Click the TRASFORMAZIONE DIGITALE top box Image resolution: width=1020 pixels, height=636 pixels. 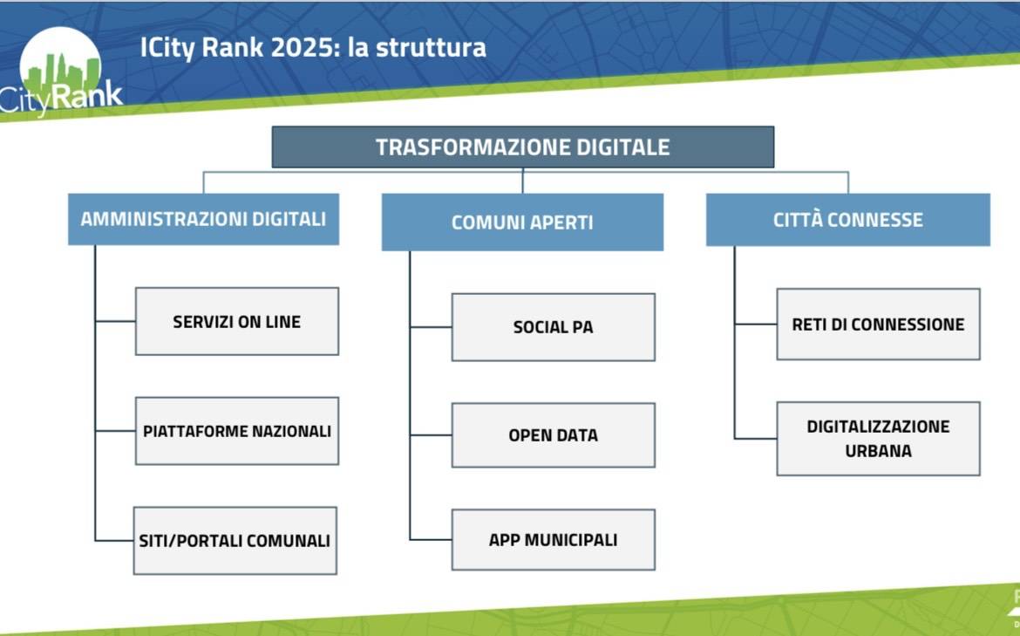pos(523,147)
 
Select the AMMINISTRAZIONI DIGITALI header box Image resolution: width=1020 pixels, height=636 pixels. pos(204,219)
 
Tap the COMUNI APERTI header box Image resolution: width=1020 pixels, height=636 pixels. pos(522,222)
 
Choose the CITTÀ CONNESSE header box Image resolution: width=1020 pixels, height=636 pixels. pos(848,219)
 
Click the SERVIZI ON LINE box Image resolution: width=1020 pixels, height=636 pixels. pos(237,322)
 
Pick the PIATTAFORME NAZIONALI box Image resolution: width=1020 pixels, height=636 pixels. pos(237,431)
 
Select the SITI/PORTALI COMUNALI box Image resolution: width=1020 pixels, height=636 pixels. pos(235,541)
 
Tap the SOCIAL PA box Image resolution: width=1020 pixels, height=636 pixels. pos(554,327)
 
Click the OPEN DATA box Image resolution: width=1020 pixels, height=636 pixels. pos(554,434)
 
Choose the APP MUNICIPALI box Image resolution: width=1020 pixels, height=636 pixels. pos(554,540)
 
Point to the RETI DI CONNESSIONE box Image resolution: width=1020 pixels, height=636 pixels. pos(878,325)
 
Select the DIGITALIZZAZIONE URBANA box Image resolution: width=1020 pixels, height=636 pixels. pos(878,439)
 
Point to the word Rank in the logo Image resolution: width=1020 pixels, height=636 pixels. pos(86,96)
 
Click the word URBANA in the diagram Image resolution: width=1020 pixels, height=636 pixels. pos(878,450)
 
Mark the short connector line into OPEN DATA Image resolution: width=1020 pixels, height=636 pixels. pos(432,434)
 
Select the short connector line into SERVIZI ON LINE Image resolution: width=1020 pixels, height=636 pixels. pos(116,321)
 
